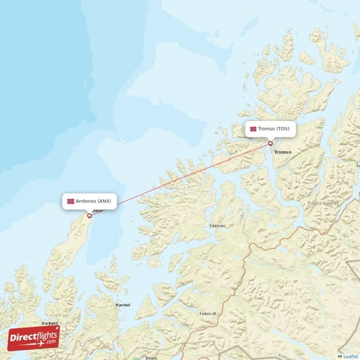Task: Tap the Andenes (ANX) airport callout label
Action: (x=90, y=201)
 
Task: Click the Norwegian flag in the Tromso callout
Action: (x=253, y=130)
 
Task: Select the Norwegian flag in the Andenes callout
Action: (x=71, y=201)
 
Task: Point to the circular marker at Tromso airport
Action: (x=271, y=143)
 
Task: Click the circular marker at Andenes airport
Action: (x=89, y=215)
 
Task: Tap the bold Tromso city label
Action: (x=282, y=152)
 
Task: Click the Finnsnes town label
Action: (x=217, y=225)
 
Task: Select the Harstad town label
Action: (x=123, y=305)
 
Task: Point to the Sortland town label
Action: (x=50, y=323)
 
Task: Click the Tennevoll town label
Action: (x=207, y=314)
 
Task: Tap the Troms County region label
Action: (x=323, y=203)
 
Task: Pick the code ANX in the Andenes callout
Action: (x=104, y=201)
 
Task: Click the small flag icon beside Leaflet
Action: (x=340, y=356)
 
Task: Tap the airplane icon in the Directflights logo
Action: (x=50, y=332)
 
